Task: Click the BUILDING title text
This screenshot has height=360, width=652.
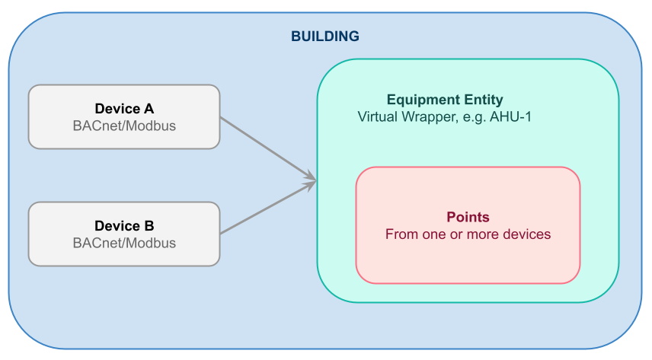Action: [325, 37]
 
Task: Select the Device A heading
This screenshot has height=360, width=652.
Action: [124, 109]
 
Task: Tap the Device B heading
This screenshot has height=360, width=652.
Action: [124, 226]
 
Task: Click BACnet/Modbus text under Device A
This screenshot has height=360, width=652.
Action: [124, 126]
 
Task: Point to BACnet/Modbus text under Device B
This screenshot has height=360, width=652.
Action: [124, 243]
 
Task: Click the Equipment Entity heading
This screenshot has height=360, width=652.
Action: [445, 100]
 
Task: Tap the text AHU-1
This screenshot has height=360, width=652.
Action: [510, 116]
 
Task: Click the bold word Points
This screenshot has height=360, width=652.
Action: [468, 217]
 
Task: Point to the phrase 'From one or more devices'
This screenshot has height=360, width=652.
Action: [468, 234]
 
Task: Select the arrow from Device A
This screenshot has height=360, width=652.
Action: [268, 149]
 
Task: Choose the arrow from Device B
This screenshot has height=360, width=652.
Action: [268, 208]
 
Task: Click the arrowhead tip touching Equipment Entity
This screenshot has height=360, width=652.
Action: [316, 181]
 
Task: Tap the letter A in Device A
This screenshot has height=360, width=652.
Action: [149, 109]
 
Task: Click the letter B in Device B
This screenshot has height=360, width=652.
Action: [149, 226]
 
